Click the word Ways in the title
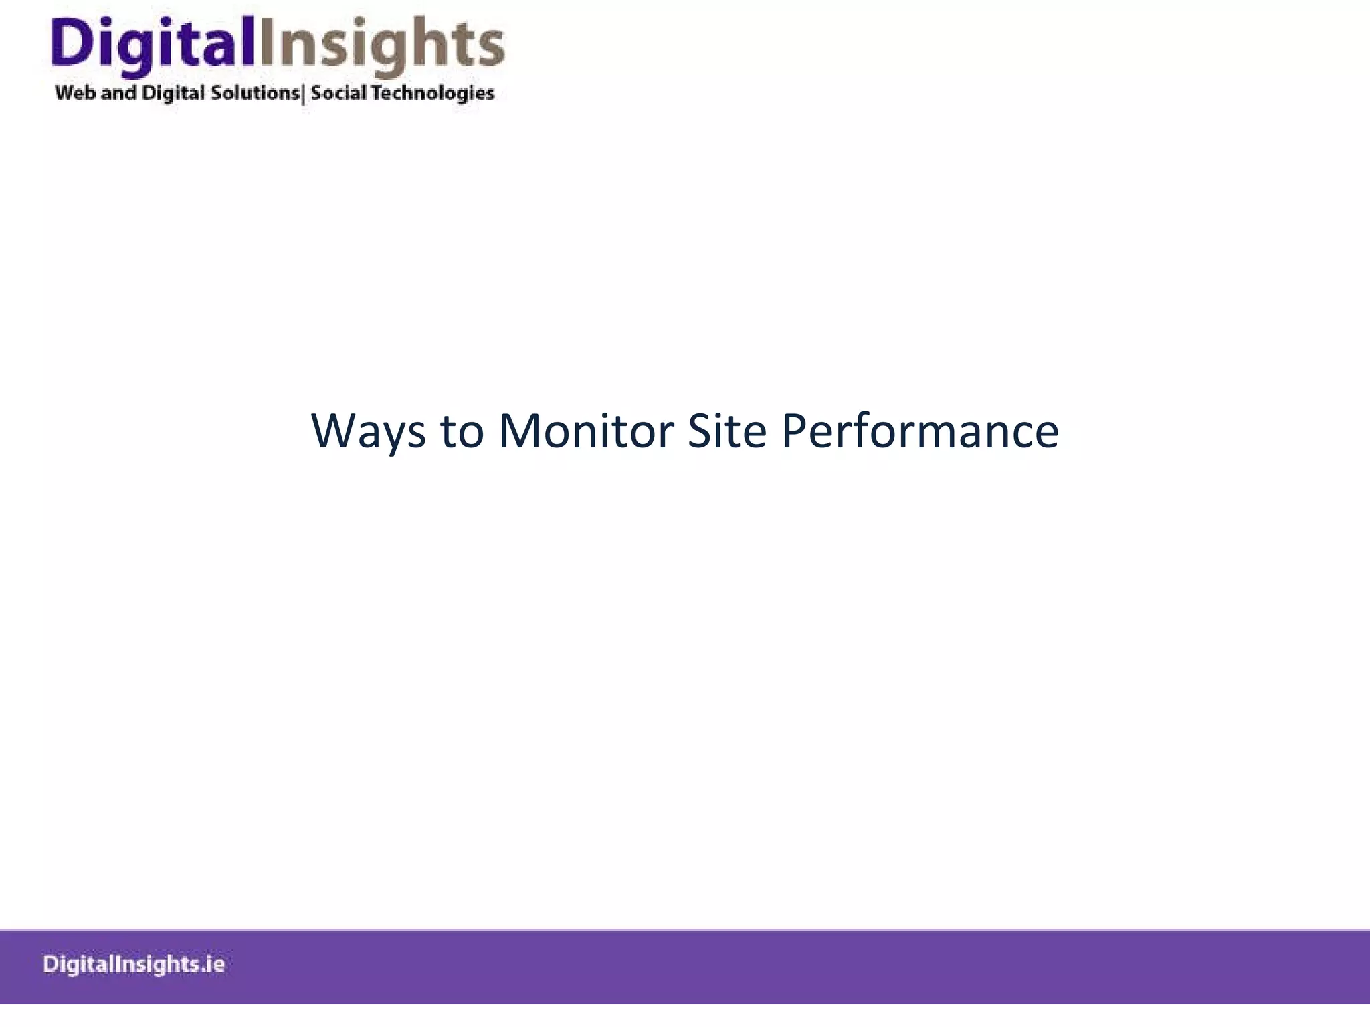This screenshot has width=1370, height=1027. (x=368, y=431)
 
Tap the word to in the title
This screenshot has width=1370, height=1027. (x=462, y=431)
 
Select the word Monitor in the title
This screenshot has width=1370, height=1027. (x=586, y=431)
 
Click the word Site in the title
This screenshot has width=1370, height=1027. (x=726, y=431)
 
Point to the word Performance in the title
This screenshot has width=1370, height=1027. (x=920, y=431)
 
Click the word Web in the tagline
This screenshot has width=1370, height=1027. (x=76, y=92)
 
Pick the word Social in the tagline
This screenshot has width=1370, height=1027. (x=338, y=92)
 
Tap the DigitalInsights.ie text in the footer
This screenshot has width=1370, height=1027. (x=134, y=965)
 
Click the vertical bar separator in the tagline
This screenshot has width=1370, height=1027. (x=304, y=94)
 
